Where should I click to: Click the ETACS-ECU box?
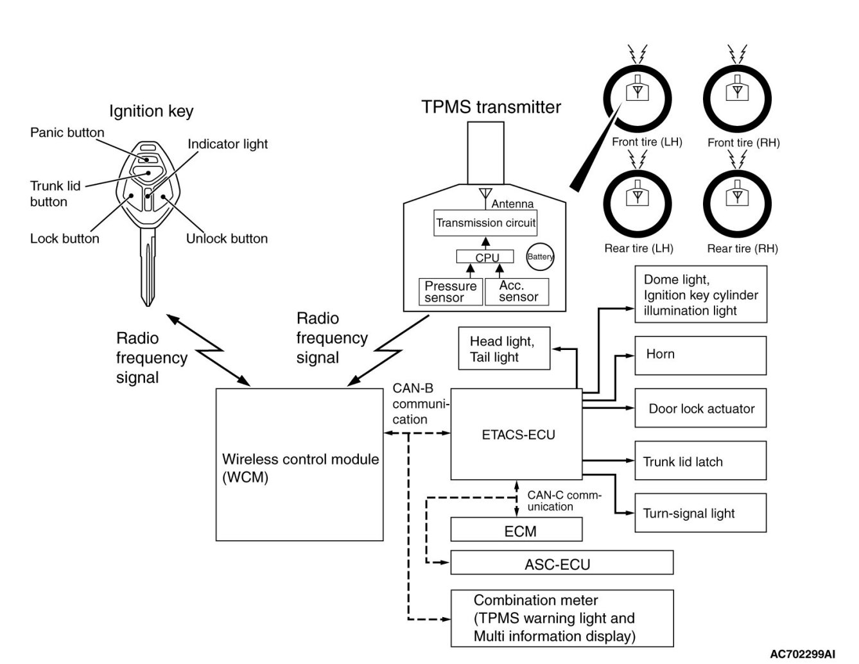pyautogui.click(x=517, y=434)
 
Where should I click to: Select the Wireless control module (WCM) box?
pyautogui.click(x=299, y=464)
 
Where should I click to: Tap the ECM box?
pyautogui.click(x=516, y=530)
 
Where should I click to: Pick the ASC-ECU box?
pyautogui.click(x=562, y=563)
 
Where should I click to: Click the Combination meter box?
pyautogui.click(x=562, y=618)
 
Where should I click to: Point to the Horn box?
pyautogui.click(x=700, y=355)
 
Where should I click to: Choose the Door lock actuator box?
pyautogui.click(x=700, y=408)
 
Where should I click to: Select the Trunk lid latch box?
pyautogui.click(x=700, y=460)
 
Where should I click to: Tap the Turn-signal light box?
pyautogui.click(x=700, y=513)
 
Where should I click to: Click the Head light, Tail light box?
pyautogui.click(x=504, y=349)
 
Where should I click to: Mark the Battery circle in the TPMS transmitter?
pyautogui.click(x=540, y=256)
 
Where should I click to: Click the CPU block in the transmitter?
pyautogui.click(x=486, y=257)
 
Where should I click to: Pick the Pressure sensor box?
pyautogui.click(x=451, y=292)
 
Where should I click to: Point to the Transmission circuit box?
pyautogui.click(x=486, y=223)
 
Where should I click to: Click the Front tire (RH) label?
pyautogui.click(x=743, y=143)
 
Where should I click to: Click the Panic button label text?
pyautogui.click(x=67, y=133)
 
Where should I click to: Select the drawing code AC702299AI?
pyautogui.click(x=803, y=654)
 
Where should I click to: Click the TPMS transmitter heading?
pyautogui.click(x=491, y=107)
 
